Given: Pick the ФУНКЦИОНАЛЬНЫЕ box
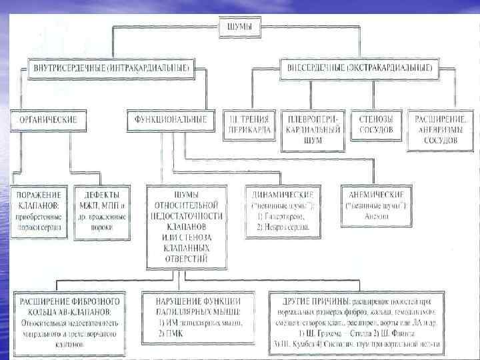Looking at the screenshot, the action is pos(171,120).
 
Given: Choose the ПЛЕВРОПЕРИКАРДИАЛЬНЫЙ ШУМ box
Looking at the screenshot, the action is pos(313,125).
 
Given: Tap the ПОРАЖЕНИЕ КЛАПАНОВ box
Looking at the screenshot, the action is pos(38,210).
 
